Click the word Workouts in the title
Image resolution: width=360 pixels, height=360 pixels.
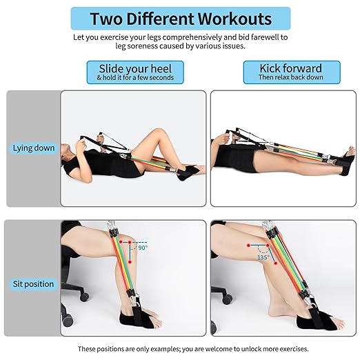234,19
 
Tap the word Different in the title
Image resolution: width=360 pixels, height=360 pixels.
160,19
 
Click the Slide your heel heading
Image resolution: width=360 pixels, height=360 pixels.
135,68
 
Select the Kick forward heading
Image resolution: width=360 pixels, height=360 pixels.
290,68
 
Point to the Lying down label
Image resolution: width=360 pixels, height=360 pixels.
34,148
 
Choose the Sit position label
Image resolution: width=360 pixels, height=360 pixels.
33,284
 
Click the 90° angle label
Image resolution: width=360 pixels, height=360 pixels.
143,248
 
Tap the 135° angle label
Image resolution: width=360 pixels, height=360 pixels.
263,257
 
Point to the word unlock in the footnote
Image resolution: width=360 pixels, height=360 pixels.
251,349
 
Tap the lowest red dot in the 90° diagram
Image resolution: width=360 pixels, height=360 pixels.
130,262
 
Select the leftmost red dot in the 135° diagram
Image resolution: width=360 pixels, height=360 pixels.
248,246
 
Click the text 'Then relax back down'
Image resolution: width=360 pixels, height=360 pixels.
290,77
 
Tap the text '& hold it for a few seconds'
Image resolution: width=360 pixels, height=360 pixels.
135,77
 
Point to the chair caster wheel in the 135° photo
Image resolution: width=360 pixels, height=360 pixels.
227,299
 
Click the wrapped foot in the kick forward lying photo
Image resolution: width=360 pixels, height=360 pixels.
347,161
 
